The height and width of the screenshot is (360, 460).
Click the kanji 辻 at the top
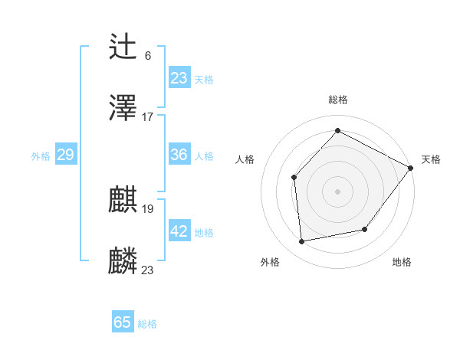123,47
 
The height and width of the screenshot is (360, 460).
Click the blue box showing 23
179,78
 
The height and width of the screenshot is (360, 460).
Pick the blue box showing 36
179,155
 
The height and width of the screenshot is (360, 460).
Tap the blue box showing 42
179,231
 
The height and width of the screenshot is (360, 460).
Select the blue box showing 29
65,155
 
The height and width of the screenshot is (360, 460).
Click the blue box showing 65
123,322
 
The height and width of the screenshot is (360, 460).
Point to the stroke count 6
148,55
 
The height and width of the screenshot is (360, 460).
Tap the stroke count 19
148,208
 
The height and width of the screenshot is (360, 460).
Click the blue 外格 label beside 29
41,156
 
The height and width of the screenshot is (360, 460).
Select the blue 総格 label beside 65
147,324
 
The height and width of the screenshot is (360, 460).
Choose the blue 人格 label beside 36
204,156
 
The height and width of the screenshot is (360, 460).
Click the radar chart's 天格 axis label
431,159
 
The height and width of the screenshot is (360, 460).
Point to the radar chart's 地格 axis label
402,262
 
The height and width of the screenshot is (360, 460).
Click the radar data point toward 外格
302,242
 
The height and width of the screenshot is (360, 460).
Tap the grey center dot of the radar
337,191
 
